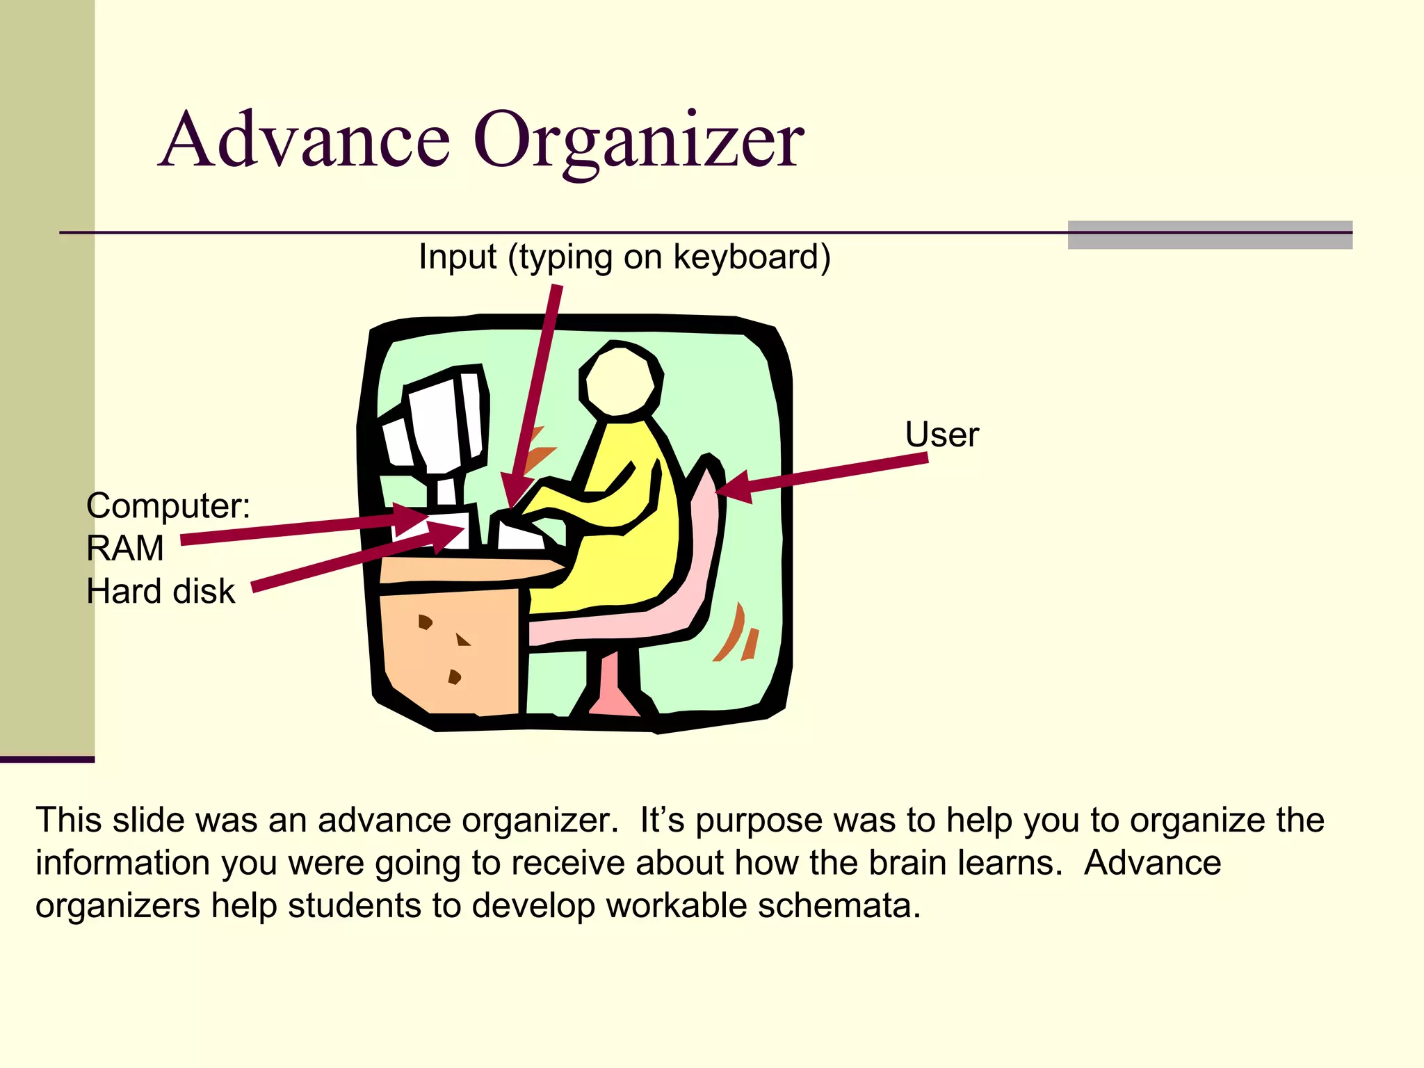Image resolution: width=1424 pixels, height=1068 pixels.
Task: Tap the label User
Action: (941, 435)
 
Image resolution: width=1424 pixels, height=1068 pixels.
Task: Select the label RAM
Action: (125, 549)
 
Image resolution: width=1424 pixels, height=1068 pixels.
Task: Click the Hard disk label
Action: (161, 592)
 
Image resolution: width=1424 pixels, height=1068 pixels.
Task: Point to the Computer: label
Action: (168, 505)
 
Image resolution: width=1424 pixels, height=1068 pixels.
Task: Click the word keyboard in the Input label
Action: (751, 257)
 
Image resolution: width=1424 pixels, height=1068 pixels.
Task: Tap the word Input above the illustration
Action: (457, 257)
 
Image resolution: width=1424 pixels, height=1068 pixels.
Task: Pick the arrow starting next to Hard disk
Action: (348, 563)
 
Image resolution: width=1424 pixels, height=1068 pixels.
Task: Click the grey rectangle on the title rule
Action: (1210, 235)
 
